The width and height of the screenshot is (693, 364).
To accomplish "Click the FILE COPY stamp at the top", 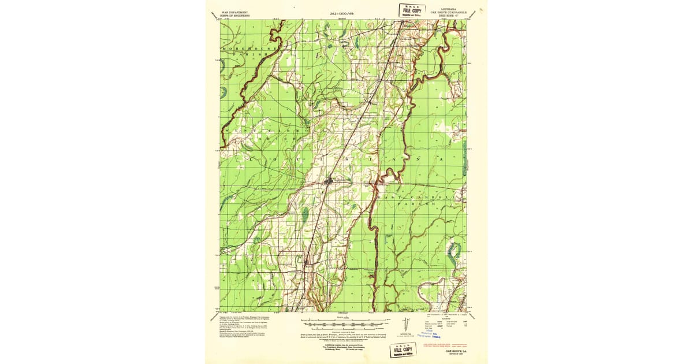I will [x=412, y=10].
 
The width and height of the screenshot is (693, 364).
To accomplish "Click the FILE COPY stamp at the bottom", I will [x=405, y=351].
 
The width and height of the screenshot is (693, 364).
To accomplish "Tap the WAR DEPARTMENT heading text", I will [x=238, y=11].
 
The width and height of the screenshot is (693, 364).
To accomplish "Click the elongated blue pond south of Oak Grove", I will [x=304, y=216].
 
